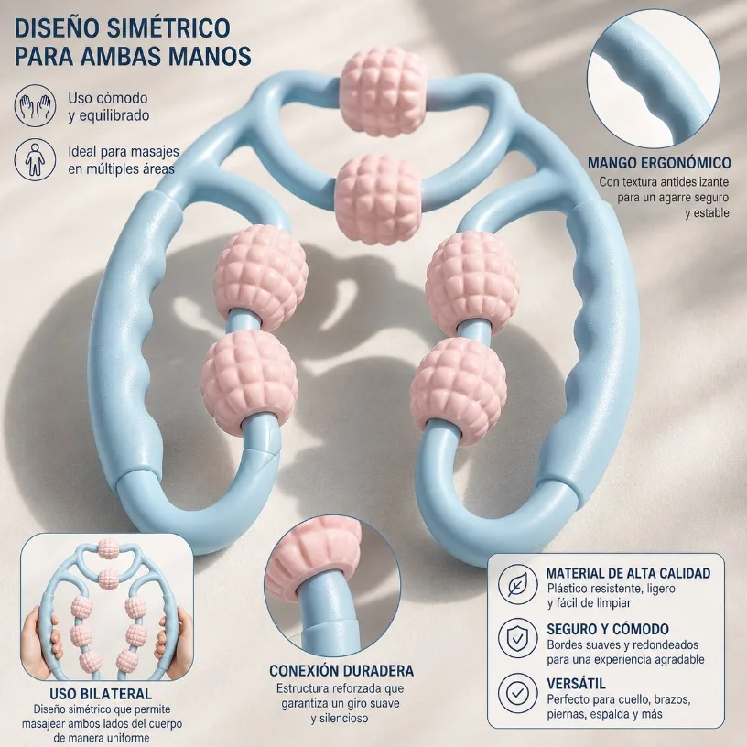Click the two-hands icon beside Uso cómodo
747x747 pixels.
point(35,106)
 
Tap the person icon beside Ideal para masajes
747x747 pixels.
point(35,159)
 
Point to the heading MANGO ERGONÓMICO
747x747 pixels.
point(659,163)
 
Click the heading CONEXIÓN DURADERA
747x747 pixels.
point(341,671)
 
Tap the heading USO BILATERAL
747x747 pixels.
point(101,694)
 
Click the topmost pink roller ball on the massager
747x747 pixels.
point(383,91)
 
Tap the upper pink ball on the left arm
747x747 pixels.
point(261,277)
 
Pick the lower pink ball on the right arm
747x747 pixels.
point(458,389)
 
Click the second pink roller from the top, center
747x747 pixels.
point(378,200)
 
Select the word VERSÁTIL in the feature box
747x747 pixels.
point(576,684)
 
